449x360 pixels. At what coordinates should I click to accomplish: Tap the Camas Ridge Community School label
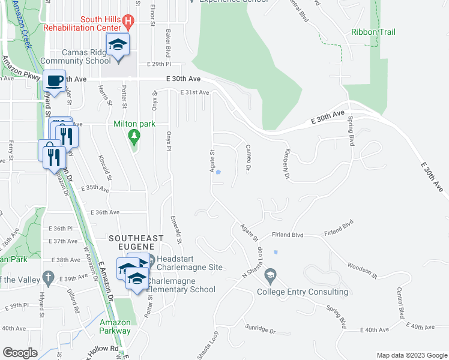click(71, 56)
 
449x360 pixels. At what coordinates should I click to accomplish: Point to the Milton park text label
click(134, 124)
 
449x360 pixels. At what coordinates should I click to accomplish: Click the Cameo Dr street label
click(248, 157)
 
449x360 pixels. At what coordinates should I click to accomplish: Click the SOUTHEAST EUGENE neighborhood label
click(136, 239)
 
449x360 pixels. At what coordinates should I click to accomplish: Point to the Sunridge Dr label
click(259, 328)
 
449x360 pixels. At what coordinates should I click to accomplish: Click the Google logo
click(20, 352)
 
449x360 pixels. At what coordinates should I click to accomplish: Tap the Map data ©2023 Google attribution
click(411, 355)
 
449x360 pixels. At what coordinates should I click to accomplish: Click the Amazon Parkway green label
click(115, 326)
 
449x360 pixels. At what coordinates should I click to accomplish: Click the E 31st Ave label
click(194, 92)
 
